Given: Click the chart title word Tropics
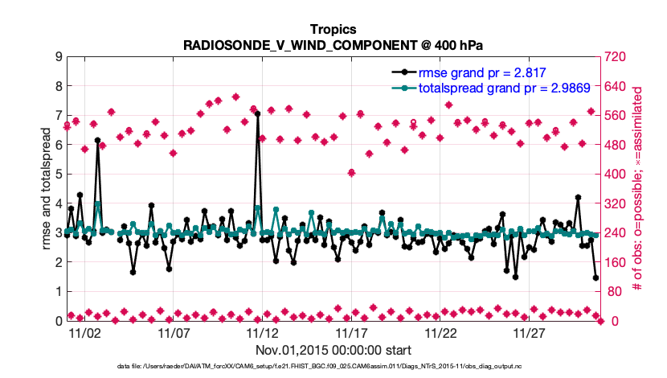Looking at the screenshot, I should (333, 29).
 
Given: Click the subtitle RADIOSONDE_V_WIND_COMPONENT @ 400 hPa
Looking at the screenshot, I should (333, 44).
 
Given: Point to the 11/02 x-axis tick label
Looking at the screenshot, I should (84, 332).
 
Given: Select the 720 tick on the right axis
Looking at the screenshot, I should (616, 57).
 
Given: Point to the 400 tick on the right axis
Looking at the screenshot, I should (616, 175).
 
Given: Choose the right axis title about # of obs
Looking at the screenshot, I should (639, 189).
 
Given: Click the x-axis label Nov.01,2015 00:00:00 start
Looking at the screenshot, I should (333, 350).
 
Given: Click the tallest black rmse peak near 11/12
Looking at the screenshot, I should (258, 114).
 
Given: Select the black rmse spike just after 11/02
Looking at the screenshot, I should (97, 140).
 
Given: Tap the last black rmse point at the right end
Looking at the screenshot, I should (595, 278).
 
